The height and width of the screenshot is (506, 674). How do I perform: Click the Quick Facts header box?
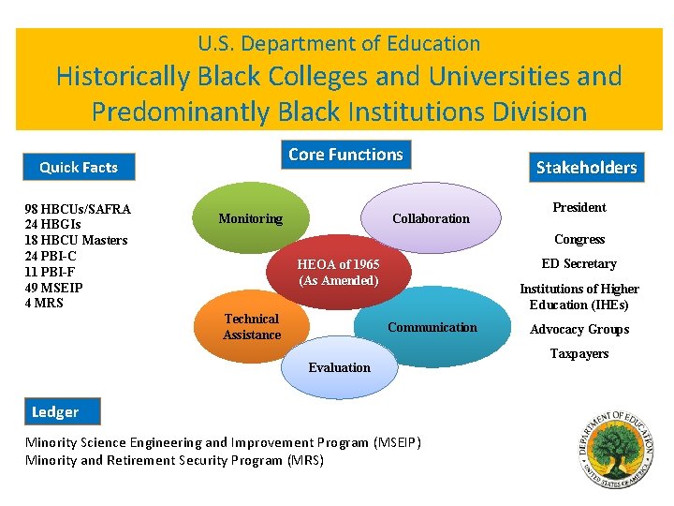pyautogui.click(x=79, y=167)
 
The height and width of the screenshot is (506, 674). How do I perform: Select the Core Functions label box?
pyautogui.click(x=345, y=155)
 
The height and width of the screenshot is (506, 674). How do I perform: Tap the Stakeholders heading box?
pyautogui.click(x=586, y=168)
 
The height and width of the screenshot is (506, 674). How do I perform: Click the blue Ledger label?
pyautogui.click(x=55, y=411)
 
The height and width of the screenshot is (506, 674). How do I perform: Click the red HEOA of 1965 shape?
pyautogui.click(x=338, y=272)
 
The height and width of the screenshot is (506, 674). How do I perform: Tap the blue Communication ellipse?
pyautogui.click(x=432, y=327)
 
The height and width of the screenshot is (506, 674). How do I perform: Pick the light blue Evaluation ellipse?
pyautogui.click(x=339, y=366)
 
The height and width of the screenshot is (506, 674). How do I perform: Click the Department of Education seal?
pyautogui.click(x=616, y=449)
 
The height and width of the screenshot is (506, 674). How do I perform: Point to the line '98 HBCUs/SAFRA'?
pyautogui.click(x=78, y=208)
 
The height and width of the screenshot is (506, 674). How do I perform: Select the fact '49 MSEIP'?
pyautogui.click(x=53, y=287)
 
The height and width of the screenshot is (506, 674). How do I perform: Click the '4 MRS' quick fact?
pyautogui.click(x=44, y=303)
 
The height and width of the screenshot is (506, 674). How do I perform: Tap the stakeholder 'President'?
pyautogui.click(x=579, y=207)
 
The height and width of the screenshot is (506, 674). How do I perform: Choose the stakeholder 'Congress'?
pyautogui.click(x=579, y=239)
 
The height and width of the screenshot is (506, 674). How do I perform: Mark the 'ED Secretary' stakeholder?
pyautogui.click(x=579, y=263)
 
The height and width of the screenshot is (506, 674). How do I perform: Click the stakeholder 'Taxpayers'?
pyautogui.click(x=579, y=353)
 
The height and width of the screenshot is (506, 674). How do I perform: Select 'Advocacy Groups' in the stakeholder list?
pyautogui.click(x=579, y=329)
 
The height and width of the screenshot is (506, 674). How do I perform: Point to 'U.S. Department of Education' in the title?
pyautogui.click(x=339, y=43)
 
